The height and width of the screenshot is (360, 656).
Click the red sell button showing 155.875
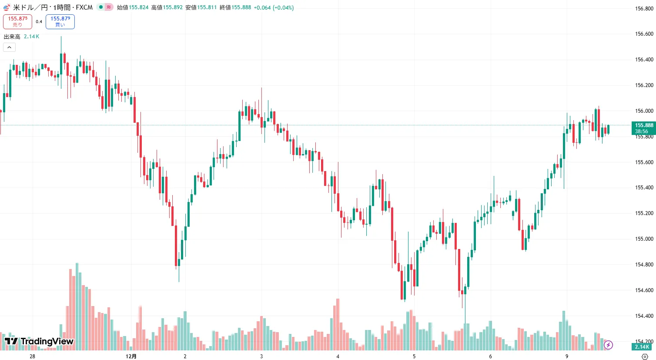(x=17, y=21)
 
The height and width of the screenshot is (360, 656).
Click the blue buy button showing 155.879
(x=60, y=21)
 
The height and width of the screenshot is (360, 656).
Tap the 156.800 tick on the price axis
(x=644, y=8)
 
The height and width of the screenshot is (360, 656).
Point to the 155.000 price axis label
(x=644, y=239)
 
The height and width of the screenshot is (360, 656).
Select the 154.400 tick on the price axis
(x=644, y=316)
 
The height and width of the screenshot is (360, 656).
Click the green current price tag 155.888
(x=643, y=128)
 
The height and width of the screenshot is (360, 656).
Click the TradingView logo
(x=39, y=341)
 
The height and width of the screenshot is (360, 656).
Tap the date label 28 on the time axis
(x=32, y=357)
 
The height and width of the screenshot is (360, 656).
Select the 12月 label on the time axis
(x=131, y=357)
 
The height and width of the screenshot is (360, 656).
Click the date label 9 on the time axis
(x=567, y=357)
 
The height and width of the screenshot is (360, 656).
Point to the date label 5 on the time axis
(x=414, y=357)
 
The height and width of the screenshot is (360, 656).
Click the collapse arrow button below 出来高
(x=9, y=47)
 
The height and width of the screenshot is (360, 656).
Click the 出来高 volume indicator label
(x=12, y=37)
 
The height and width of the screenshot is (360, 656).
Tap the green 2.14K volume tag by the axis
(x=642, y=347)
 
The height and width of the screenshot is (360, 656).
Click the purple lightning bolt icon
(x=608, y=345)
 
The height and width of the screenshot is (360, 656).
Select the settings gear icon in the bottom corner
(x=645, y=357)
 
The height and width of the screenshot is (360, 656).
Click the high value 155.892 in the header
(x=173, y=7)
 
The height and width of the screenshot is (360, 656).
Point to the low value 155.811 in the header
(x=207, y=7)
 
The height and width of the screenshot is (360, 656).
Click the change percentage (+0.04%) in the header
(x=283, y=7)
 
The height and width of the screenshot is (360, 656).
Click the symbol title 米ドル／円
(x=30, y=7)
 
